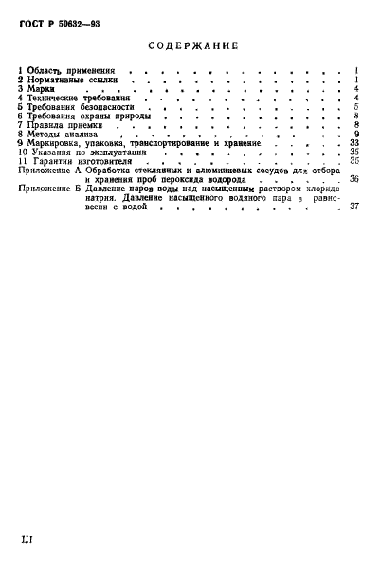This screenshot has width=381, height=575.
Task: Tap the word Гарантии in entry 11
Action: [x=58, y=160]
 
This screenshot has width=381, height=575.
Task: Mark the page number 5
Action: [x=354, y=107]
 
